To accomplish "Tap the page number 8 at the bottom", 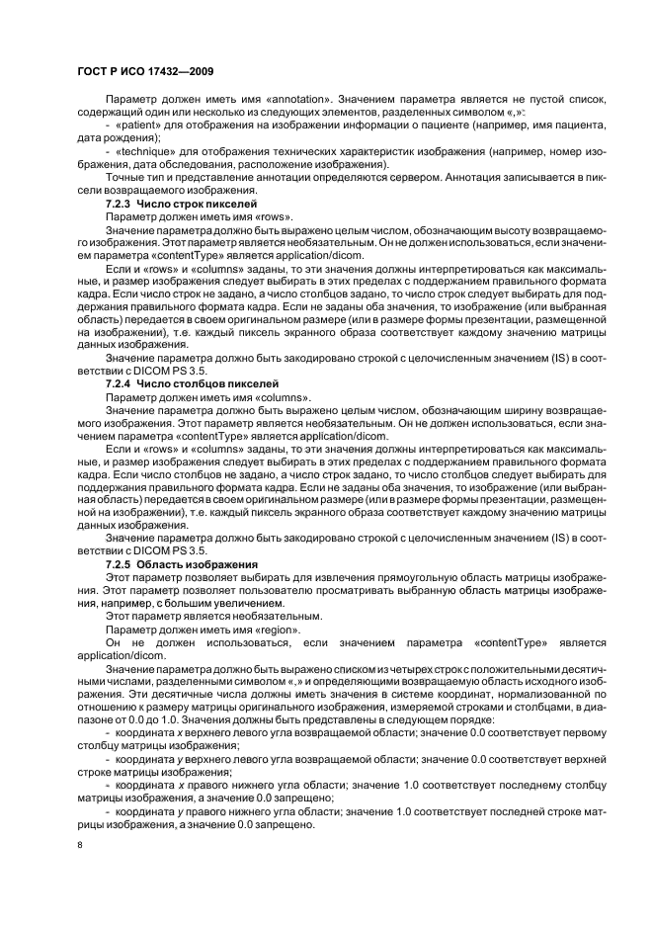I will click(x=80, y=846).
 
